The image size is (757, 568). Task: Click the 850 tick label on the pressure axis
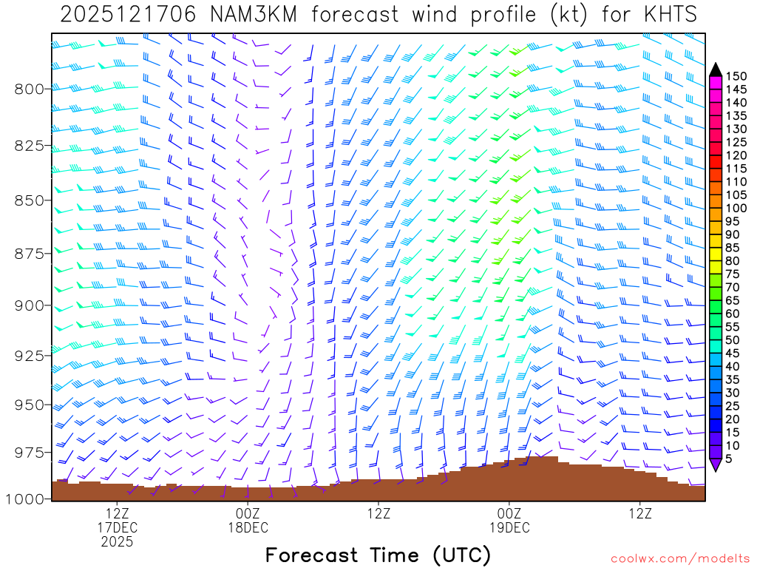coord(30,200)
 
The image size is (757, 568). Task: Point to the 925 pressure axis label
coord(30,356)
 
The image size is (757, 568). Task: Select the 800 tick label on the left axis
coord(30,89)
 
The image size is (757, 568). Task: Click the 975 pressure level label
coord(30,451)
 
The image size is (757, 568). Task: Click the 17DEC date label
coord(117,527)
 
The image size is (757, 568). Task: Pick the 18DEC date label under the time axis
coord(248,527)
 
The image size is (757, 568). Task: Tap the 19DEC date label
coord(509,527)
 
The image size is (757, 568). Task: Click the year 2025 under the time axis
coord(117,541)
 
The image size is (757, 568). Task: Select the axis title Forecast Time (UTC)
coord(378,555)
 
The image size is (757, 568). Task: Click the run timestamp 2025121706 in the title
coord(128,15)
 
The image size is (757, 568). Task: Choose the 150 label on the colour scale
coord(736,76)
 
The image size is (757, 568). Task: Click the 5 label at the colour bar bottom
coord(729,459)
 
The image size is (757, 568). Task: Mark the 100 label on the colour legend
coord(736,208)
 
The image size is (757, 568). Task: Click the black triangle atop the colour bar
coord(716,70)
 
